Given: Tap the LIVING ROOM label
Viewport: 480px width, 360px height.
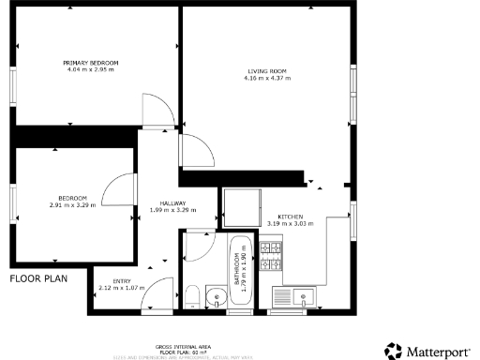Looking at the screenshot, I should pos(266,71).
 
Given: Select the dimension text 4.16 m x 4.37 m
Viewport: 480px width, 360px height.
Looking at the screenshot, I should pos(266,78).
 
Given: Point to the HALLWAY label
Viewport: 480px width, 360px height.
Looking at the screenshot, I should pos(172,203).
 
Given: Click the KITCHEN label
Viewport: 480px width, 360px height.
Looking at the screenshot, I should pos(290,217).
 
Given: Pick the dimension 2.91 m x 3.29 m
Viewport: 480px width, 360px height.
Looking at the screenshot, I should pos(73,204).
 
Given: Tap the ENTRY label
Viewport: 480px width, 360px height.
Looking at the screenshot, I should pos(122,281).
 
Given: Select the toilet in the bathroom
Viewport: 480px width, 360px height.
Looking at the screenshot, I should pos(190,297).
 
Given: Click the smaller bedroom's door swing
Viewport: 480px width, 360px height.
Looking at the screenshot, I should pos(118,192).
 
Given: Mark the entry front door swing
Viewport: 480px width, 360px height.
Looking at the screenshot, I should pos(159,292).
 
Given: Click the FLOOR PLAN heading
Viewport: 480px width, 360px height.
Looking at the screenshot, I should pos(37,278).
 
